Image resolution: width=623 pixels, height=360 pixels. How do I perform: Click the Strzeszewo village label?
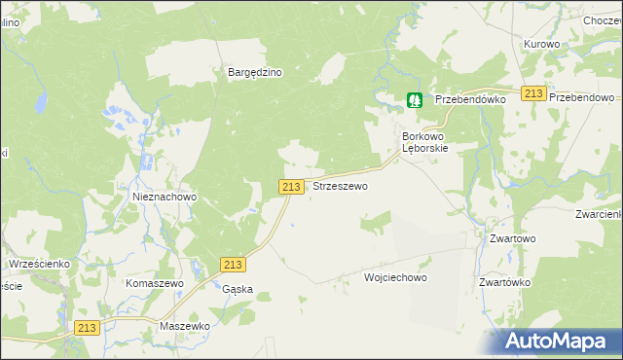click(x=340, y=186)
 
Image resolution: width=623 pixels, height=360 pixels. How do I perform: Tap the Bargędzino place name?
click(x=254, y=72)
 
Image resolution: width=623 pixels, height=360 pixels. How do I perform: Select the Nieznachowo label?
click(x=165, y=197)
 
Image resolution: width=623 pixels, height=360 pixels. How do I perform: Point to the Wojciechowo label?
click(x=395, y=277)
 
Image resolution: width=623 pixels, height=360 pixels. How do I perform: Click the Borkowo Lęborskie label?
click(x=424, y=143)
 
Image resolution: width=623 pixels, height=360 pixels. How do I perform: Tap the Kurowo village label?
click(x=541, y=45)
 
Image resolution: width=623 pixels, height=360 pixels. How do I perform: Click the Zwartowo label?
click(x=513, y=238)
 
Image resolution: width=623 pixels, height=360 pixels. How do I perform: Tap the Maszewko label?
click(x=186, y=326)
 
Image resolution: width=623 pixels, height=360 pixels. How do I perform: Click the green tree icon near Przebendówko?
click(x=415, y=99)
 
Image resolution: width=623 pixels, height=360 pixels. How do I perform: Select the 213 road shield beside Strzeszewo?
click(x=291, y=186)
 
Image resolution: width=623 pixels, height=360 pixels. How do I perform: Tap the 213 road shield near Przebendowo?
click(x=532, y=92)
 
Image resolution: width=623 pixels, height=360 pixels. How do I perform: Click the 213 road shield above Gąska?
click(x=233, y=265)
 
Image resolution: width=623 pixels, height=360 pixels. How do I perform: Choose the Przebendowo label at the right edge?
click(x=585, y=99)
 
